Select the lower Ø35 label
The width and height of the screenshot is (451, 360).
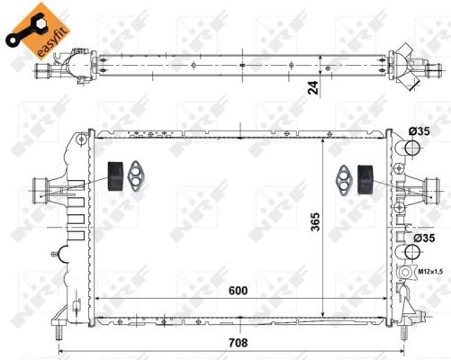coord(421,238)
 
